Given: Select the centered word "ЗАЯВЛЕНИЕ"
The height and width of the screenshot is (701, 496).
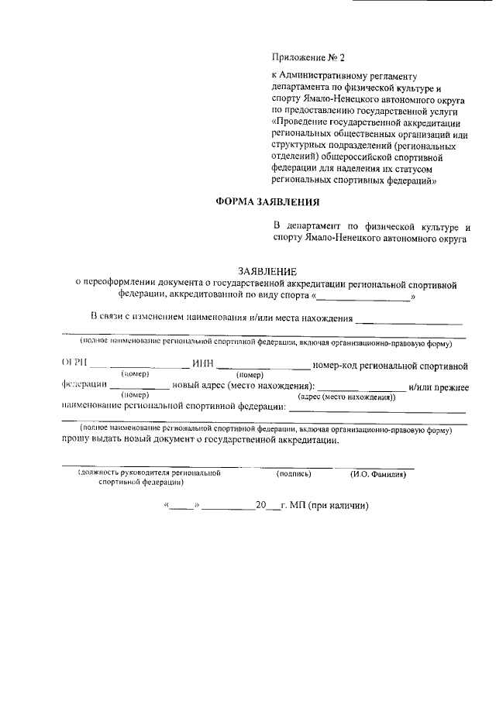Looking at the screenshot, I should (267, 271).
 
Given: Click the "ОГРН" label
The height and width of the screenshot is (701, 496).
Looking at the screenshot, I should (74, 363).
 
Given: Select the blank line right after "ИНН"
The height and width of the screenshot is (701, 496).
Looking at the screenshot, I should (263, 365).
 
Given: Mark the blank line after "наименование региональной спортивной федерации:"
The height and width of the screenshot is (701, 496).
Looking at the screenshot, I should (377, 408).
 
